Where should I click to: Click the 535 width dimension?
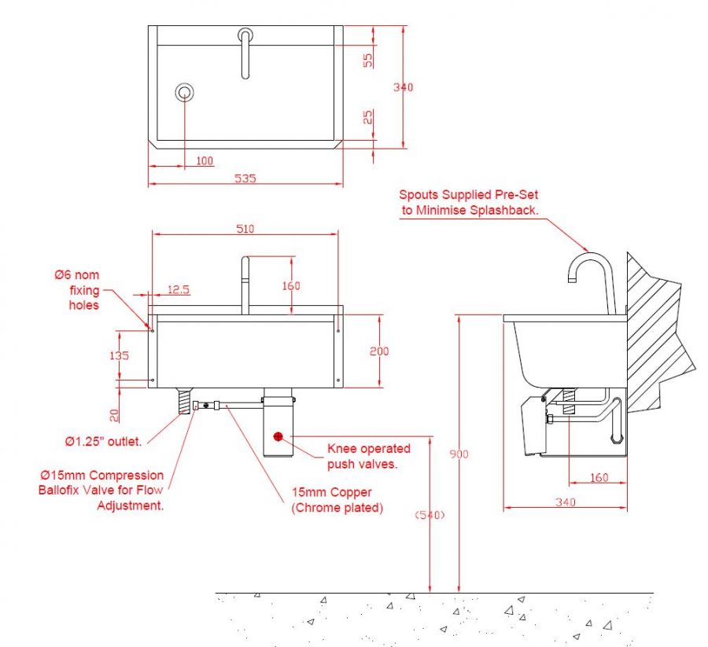click(245, 178)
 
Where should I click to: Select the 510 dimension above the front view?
click(245, 229)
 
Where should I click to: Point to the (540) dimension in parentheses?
click(430, 515)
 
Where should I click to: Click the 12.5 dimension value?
click(179, 289)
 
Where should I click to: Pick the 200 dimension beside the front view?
click(379, 351)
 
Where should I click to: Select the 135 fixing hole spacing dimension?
click(119, 355)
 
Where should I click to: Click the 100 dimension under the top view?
click(205, 161)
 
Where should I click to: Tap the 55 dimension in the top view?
click(367, 60)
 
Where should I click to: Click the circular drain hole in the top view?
click(185, 92)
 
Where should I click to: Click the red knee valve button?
click(278, 436)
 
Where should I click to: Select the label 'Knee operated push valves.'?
click(368, 455)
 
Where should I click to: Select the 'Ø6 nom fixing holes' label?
click(76, 289)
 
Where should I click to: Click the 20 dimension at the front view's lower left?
click(115, 414)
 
